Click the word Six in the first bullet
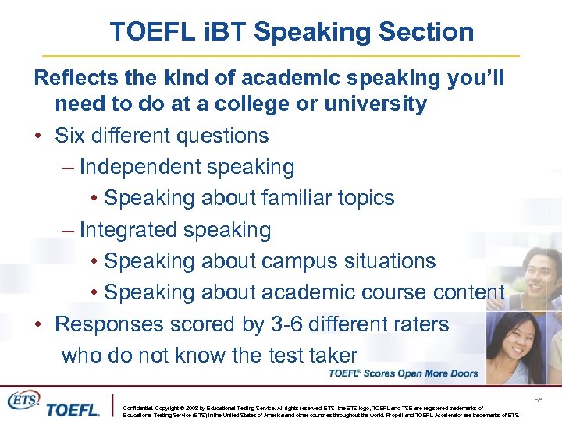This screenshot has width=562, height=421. click(x=71, y=136)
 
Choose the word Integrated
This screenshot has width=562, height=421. click(x=129, y=230)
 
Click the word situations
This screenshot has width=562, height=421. click(x=384, y=261)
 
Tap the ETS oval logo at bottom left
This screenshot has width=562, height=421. click(x=23, y=399)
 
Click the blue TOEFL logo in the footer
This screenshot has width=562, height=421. click(x=72, y=409)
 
